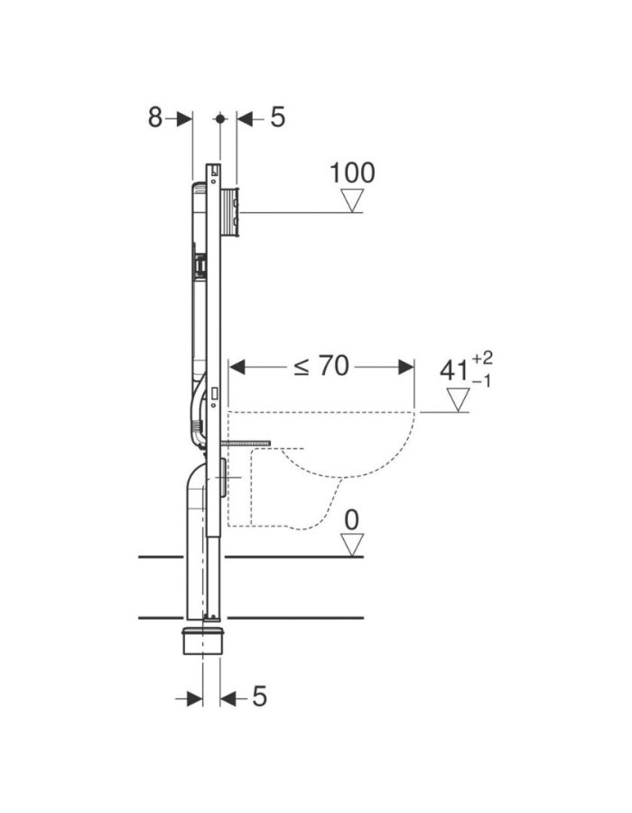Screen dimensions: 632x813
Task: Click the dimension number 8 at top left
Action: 155,117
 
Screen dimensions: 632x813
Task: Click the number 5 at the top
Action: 278,117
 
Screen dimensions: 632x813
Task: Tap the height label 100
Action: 352,173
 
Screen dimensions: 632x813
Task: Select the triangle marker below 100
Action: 352,201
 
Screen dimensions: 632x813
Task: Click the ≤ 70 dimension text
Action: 321,366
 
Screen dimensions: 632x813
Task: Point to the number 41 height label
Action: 454,370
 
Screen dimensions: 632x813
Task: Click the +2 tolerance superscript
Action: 482,359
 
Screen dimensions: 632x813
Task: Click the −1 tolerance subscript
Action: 481,381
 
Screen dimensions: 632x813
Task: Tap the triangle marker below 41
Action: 458,400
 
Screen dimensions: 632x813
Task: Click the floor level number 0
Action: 352,520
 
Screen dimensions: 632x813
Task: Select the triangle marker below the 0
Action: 352,545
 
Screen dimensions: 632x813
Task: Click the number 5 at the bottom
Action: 259,696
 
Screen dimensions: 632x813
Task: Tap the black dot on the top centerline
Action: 220,118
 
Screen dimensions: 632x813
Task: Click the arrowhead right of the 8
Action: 184,118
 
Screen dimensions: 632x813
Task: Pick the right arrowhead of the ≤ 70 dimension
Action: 406,367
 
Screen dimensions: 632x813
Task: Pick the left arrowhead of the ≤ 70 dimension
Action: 237,367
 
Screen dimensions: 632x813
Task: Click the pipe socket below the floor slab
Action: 203,640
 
